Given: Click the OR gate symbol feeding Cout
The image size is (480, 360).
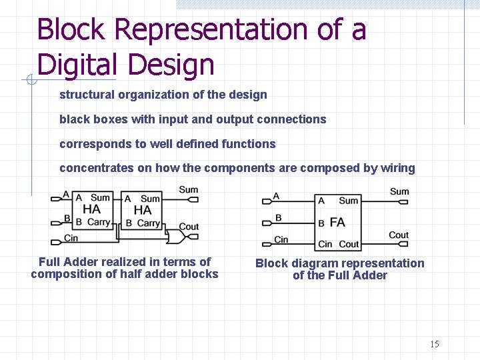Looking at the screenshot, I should pos(177,237).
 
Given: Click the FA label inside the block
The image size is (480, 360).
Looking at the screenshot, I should pos(337,222).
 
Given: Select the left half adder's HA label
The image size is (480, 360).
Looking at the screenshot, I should pos(91,209).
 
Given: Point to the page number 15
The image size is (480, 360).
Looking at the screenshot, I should pos(435,345).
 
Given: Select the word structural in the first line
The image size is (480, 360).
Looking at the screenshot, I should pos(86,95).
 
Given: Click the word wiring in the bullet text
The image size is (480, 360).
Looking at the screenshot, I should pos(398,168).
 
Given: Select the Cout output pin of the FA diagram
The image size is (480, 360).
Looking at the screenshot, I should pos(405,244).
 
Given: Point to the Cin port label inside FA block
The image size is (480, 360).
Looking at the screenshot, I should pos(325,244).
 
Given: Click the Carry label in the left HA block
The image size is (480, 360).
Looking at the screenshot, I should pos(99,222).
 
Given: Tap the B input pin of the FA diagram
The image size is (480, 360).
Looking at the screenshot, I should pos(267,221).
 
